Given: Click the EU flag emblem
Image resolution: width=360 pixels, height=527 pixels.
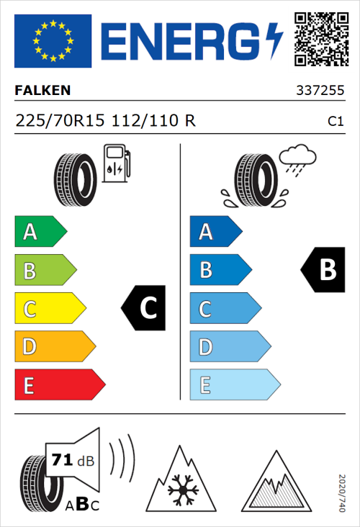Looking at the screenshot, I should tap(53, 40).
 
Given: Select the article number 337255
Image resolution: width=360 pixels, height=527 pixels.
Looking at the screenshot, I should tap(320, 91).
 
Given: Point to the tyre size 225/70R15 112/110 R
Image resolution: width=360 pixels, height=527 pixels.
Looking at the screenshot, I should tap(105, 121).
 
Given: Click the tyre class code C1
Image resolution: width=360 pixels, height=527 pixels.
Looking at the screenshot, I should tap(335, 122).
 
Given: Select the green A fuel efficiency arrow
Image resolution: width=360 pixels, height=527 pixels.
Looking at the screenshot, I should tap(40, 232).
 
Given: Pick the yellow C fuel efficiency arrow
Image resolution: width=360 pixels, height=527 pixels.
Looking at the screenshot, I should tap(49, 309).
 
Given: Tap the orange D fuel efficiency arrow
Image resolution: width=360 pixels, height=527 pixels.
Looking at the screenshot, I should tap(54, 347).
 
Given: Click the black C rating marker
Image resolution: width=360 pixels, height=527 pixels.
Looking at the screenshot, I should tap(143, 308).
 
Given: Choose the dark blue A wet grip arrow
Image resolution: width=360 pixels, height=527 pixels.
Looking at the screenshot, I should tap(215, 232).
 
